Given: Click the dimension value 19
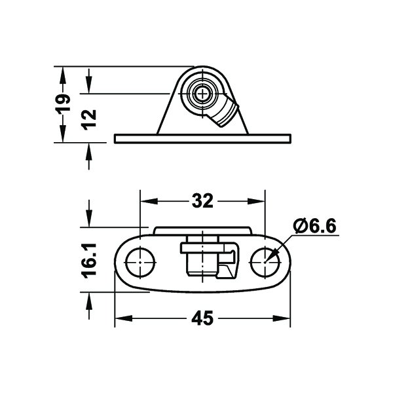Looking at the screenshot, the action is pos(62,104).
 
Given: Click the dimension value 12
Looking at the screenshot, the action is pos(90,120).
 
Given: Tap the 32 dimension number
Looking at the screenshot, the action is pos(202,201).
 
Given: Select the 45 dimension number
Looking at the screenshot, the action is pos(202,318).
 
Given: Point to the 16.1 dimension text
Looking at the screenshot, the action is pos(89,261).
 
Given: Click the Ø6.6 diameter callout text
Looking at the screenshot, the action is pos(314,227).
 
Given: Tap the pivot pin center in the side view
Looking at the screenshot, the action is pos(202,94).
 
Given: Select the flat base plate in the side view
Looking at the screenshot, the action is pos(202,139).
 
